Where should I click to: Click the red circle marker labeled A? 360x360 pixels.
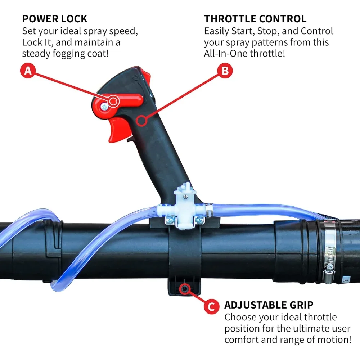click(x=28, y=71)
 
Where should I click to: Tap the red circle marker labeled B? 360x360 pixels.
click(x=225, y=71)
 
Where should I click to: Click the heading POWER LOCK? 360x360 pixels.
click(x=55, y=19)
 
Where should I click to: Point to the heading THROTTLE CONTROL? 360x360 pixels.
click(x=255, y=19)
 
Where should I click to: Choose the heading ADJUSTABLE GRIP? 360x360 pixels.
click(x=269, y=305)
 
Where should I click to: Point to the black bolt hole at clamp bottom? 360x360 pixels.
click(x=185, y=288)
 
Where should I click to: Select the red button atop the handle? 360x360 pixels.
click(x=145, y=75)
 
